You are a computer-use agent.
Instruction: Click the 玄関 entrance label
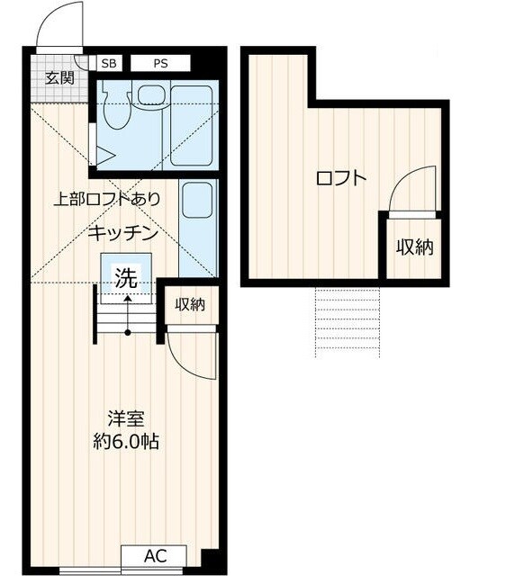(58, 76)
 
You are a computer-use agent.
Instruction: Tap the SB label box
(109, 63)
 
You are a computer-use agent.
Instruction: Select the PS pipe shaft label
(160, 63)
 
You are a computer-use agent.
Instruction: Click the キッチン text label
(123, 233)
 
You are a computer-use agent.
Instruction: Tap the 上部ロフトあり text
(107, 199)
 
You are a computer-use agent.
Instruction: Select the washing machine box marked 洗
(127, 275)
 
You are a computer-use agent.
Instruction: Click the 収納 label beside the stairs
(190, 304)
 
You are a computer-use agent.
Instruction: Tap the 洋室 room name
(126, 419)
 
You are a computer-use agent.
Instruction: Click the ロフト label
(341, 178)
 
